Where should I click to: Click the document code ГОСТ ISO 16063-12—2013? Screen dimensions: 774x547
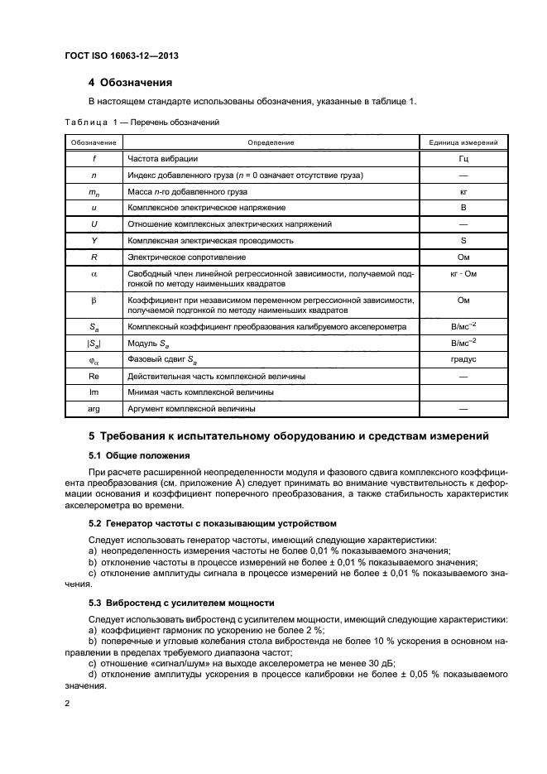pos(121,55)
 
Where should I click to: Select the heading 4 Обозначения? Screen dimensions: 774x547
pos(130,83)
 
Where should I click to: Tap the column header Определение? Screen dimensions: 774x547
pos(271,142)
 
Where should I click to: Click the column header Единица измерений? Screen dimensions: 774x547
pos(463,142)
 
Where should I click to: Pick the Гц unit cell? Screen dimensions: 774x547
pos(463,158)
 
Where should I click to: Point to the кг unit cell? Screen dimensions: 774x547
pos(463,191)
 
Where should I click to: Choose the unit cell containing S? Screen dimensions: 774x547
pos(463,240)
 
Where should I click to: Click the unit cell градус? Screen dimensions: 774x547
pos(463,360)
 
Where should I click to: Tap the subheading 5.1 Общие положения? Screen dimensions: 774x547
pos(139,455)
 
